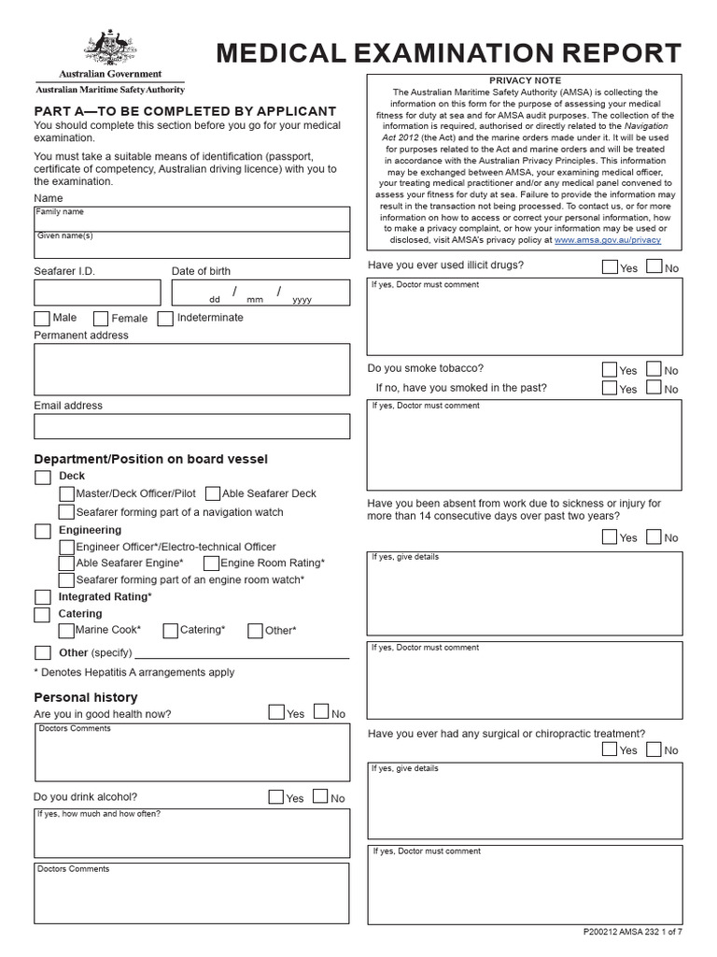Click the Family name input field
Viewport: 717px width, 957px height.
click(191, 219)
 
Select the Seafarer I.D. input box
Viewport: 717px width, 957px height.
click(96, 293)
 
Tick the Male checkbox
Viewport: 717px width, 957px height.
click(42, 319)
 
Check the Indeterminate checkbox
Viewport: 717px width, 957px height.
click(165, 319)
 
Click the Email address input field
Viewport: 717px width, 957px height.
click(191, 426)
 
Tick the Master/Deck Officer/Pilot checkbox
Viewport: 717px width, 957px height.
click(66, 493)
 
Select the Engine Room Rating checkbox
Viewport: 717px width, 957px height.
click(211, 564)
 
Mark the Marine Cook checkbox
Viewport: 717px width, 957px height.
click(66, 631)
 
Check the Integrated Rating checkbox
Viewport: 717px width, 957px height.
click(42, 597)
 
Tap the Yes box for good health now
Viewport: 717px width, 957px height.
click(276, 712)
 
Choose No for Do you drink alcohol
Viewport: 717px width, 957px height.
click(320, 797)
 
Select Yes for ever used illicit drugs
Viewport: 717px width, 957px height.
click(610, 267)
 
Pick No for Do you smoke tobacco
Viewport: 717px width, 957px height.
click(654, 370)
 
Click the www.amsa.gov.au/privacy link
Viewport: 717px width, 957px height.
click(607, 240)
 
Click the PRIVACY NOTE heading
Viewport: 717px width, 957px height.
click(525, 81)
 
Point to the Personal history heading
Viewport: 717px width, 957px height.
click(86, 697)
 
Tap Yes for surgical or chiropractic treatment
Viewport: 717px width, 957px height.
click(610, 750)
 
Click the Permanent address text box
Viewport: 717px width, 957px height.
click(191, 369)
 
